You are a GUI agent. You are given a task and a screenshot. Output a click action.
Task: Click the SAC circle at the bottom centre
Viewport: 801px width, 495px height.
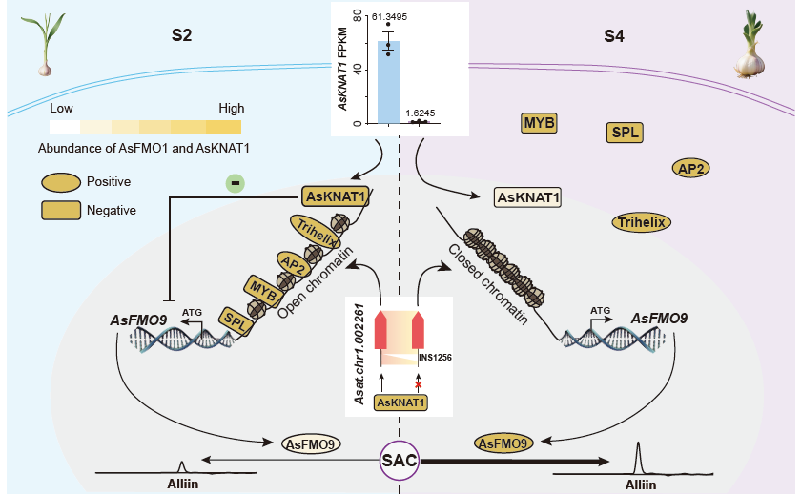[399, 462]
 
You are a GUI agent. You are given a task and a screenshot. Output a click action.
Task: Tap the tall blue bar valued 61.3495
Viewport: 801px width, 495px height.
[389, 82]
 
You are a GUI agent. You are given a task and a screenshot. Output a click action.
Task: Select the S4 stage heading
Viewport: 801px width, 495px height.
[616, 37]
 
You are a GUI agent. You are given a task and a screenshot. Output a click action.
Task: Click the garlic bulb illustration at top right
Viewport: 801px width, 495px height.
[750, 52]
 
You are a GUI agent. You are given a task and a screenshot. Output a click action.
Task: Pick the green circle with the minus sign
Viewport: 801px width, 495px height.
[233, 181]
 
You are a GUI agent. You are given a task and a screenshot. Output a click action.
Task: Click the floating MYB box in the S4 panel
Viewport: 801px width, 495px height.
[539, 122]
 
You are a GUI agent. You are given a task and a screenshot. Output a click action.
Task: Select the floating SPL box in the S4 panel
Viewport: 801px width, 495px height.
[624, 132]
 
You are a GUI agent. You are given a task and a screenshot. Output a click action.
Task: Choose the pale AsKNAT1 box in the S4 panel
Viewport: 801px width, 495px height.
[526, 197]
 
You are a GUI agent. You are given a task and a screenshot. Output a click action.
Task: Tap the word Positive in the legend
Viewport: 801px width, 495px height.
[109, 181]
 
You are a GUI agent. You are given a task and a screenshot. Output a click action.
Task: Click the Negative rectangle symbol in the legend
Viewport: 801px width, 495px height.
[60, 210]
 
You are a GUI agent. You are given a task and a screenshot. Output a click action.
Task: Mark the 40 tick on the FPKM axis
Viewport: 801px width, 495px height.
[364, 69]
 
